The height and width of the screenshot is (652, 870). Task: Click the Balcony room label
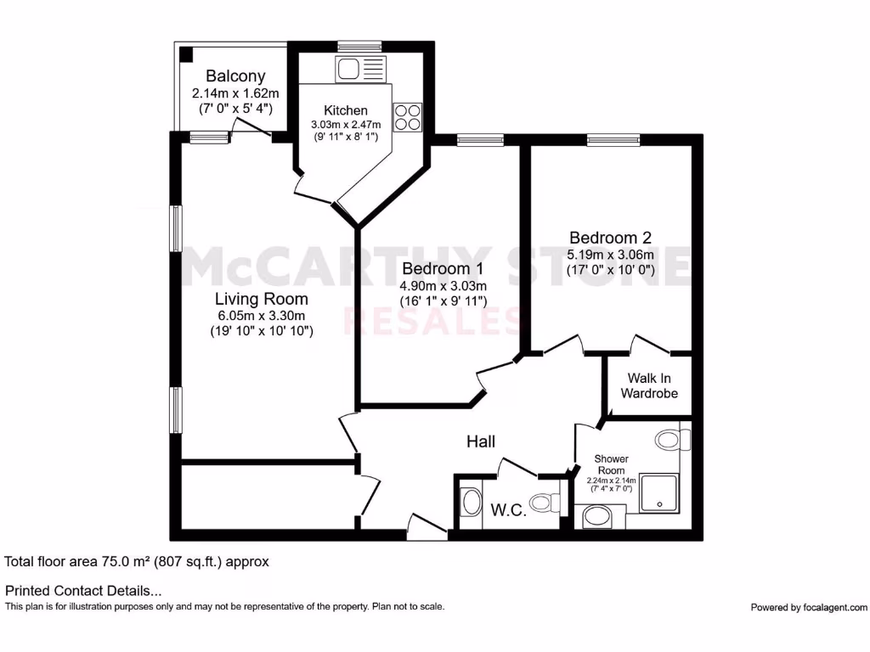(235, 76)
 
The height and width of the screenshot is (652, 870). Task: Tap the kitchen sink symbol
(360, 69)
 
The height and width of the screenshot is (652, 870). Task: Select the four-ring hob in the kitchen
(408, 116)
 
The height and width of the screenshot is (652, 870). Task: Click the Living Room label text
(261, 299)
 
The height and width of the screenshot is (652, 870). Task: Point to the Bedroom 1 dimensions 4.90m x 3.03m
(443, 286)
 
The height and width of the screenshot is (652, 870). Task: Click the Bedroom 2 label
(610, 238)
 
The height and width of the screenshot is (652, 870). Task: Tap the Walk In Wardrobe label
(649, 385)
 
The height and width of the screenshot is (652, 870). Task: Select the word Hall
(480, 441)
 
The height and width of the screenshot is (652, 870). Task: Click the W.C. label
(509, 509)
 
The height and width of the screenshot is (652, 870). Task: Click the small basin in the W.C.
(470, 502)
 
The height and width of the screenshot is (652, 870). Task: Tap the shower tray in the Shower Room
(660, 493)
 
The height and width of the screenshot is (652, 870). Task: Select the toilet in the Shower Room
(671, 440)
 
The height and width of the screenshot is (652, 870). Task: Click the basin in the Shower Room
(596, 516)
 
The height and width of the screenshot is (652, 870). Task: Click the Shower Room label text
(610, 464)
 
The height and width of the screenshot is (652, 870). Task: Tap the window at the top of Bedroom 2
(613, 140)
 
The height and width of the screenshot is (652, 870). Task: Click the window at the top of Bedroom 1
(480, 140)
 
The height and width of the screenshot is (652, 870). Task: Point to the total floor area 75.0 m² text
(137, 561)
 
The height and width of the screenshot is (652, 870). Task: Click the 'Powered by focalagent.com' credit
(809, 607)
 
